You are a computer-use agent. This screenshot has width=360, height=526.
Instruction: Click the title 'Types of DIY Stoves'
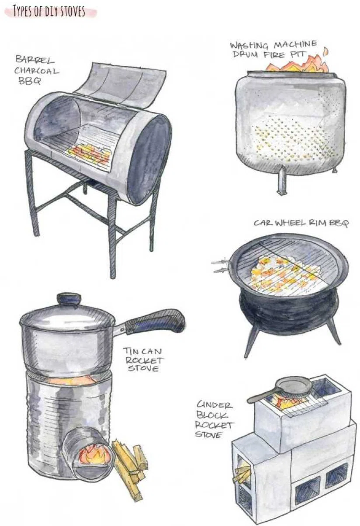coord(49,11)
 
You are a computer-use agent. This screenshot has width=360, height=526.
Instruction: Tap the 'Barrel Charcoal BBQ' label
coord(36,70)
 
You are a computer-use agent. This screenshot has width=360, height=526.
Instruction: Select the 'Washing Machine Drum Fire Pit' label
coord(273,50)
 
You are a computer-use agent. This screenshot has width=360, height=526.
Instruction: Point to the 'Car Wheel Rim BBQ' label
coord(301,223)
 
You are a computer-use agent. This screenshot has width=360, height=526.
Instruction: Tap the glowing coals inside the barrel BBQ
coord(90,154)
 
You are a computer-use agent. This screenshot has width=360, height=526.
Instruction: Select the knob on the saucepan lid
coord(69,299)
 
